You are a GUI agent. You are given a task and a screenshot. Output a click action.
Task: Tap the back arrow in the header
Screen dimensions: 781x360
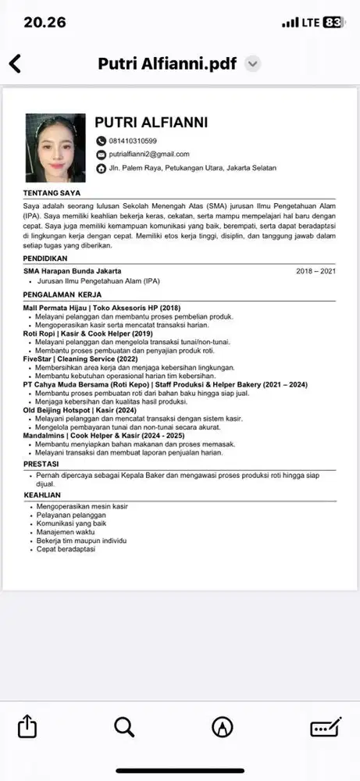tap(14, 64)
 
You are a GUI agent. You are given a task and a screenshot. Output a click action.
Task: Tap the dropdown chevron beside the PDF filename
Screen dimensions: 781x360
tap(252, 64)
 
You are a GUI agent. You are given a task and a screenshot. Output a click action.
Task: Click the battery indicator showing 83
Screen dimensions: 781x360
tap(333, 22)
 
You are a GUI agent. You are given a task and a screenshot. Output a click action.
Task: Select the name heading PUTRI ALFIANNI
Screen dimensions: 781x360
tap(151, 123)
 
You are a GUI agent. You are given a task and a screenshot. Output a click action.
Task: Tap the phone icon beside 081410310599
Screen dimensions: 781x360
tap(101, 141)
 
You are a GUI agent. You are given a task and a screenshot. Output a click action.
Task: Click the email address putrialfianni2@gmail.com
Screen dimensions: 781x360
tap(148, 155)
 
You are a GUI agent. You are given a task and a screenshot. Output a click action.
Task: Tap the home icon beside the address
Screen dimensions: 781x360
tap(101, 169)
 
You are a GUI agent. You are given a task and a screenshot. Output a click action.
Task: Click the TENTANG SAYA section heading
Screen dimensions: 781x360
tap(52, 192)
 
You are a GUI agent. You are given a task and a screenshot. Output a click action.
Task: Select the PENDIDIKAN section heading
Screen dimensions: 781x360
tap(45, 258)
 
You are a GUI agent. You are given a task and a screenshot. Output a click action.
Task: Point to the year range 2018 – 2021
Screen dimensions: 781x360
tap(315, 271)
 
